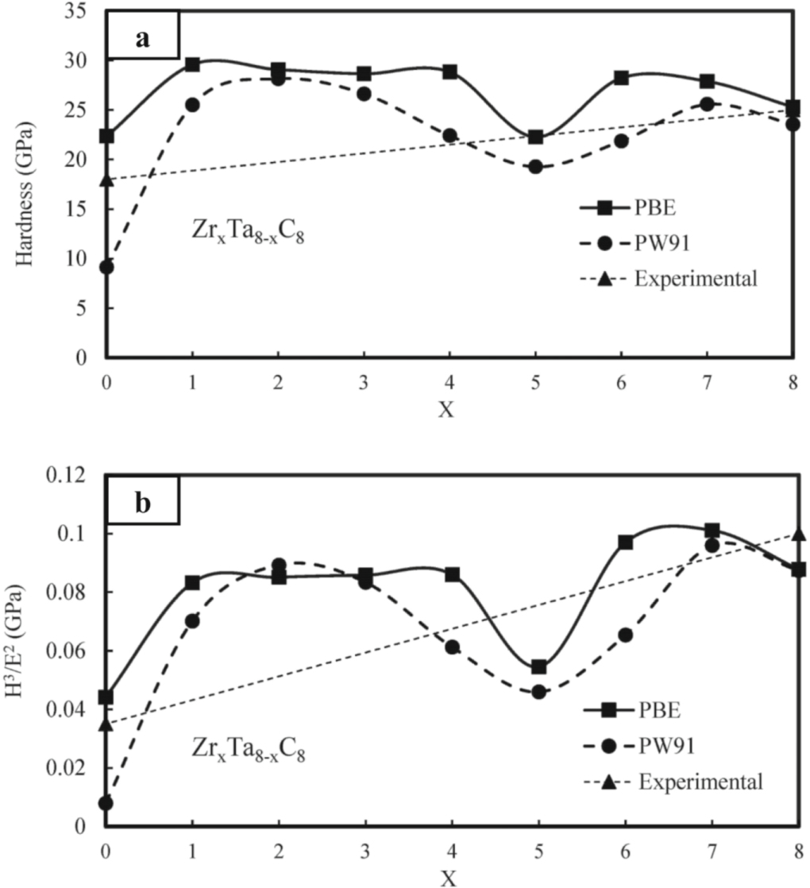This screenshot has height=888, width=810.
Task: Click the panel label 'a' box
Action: (142, 37)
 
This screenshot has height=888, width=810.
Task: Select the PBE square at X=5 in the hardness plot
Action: (535, 137)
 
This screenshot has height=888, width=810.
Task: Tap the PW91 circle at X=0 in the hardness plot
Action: (106, 267)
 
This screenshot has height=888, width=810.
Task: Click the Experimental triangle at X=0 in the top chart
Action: (106, 180)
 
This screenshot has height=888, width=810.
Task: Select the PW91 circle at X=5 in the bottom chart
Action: (538, 692)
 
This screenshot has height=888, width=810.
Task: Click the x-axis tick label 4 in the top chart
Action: (449, 382)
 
